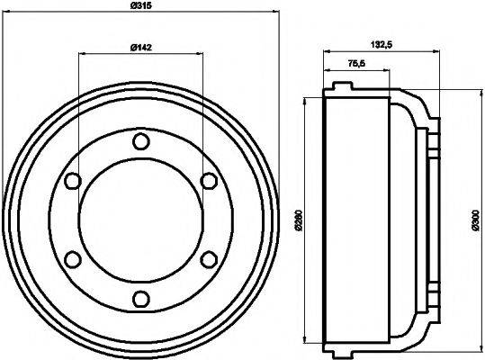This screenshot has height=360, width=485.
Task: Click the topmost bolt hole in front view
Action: pyautogui.click(x=139, y=141)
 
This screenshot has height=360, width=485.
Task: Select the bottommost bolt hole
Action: pyautogui.click(x=139, y=299)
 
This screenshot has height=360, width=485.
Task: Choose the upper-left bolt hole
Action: pyautogui.click(x=71, y=181)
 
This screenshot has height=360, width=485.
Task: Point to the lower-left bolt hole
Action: pyautogui.click(x=71, y=259)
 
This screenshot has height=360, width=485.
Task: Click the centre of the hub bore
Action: pyautogui.click(x=139, y=220)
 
